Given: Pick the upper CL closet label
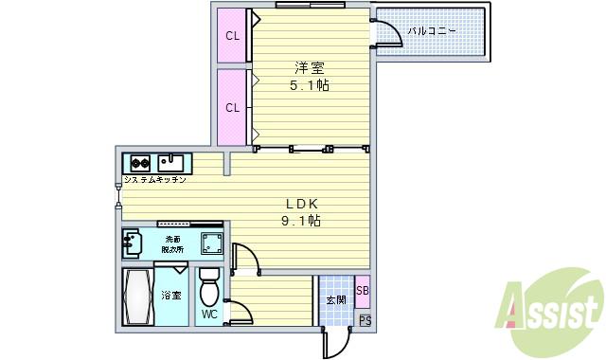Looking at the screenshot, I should pos(232,37).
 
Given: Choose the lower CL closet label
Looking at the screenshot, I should pos(232,107).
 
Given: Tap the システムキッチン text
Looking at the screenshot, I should pos(155,179).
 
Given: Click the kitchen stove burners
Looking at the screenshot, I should pos(140,161).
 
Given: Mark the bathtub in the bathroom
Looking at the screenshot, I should pos(138,297).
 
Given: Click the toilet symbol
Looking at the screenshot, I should pos(209,285).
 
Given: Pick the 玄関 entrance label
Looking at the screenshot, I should pos(336,300).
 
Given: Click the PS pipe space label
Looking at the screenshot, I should pos(365,322).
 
